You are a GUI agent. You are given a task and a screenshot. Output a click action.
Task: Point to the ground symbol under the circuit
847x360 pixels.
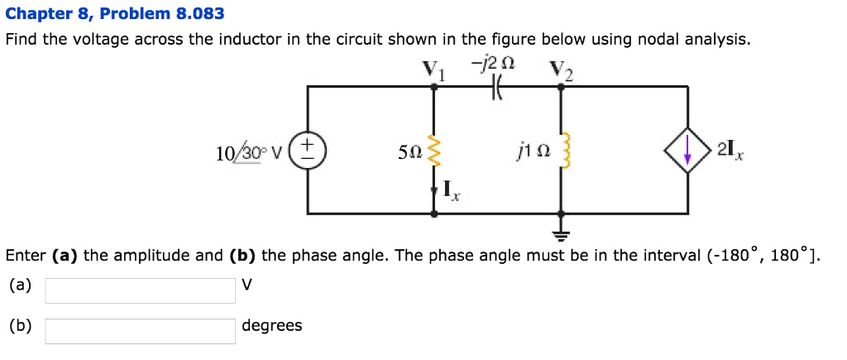(562, 228)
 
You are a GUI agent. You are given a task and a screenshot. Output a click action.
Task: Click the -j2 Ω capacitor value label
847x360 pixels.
(498, 63)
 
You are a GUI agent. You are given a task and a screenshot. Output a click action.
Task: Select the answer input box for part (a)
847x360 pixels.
(140, 290)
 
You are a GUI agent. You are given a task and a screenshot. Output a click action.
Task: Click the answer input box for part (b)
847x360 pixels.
(140, 330)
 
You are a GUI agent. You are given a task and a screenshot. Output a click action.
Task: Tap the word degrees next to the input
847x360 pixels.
(271, 325)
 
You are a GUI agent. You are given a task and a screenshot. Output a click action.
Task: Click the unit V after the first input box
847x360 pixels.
(246, 286)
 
